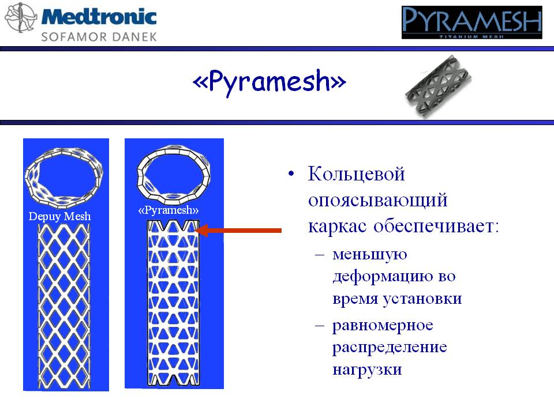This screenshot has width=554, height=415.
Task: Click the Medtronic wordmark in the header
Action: tap(99, 17)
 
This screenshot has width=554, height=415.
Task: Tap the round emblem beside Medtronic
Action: tap(21, 17)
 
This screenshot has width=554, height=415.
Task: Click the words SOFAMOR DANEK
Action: tap(99, 37)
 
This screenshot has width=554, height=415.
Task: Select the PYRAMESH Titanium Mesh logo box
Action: tap(471, 22)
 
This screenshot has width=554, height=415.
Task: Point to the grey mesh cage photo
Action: tap(438, 86)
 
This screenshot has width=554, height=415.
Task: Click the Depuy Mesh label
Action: tap(59, 216)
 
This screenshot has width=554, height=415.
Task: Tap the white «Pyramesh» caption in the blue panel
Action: tap(168, 210)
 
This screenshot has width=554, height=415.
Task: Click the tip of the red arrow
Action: tap(196, 231)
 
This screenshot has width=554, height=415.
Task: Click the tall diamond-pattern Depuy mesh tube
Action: tap(63, 306)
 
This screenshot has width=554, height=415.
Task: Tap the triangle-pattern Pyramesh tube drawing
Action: tap(174, 303)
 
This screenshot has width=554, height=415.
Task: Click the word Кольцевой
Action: tap(356, 174)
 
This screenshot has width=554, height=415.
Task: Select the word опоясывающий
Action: tap(377, 201)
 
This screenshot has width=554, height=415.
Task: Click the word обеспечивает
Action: tap(436, 226)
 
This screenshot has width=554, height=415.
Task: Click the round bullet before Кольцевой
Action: tap(291, 173)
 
